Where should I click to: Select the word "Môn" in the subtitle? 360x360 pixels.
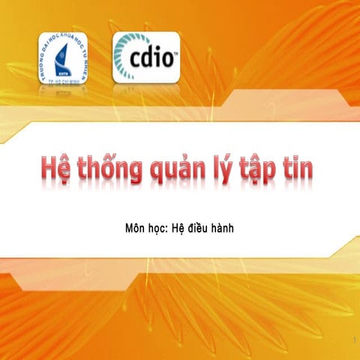point(138,226)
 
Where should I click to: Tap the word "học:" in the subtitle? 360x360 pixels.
point(163,226)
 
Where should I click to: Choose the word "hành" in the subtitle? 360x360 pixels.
point(232,226)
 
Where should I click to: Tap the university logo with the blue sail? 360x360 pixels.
point(63,58)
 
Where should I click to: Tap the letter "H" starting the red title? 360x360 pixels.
point(49,168)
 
